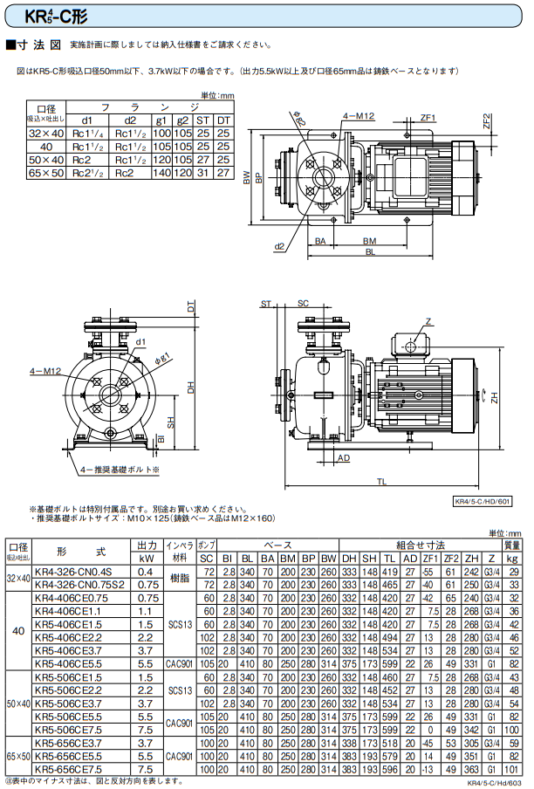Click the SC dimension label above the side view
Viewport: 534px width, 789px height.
303,303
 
